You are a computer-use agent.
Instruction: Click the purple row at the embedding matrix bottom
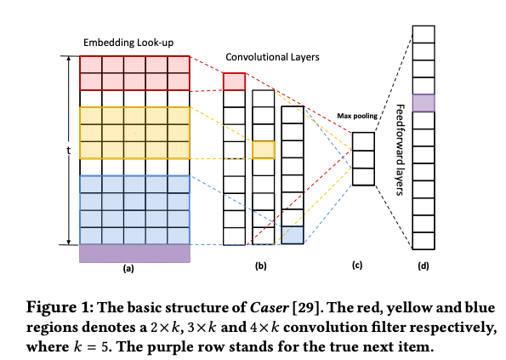(134, 253)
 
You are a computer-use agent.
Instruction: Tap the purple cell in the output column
(424, 102)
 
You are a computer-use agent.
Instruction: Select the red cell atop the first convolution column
(234, 82)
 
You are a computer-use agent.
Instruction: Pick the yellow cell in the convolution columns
(264, 150)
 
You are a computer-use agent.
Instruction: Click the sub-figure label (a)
(128, 267)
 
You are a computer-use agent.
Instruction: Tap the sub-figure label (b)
(260, 267)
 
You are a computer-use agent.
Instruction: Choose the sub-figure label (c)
(357, 267)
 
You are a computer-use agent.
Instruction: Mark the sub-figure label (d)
(424, 267)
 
